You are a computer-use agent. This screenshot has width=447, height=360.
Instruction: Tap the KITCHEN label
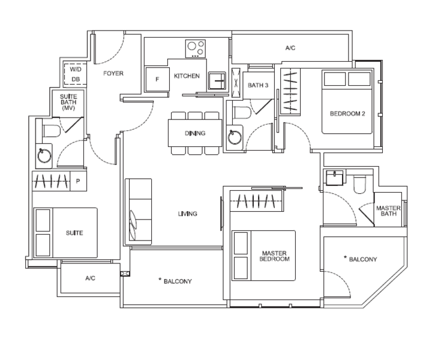click(x=187, y=76)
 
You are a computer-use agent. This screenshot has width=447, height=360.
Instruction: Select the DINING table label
click(x=195, y=133)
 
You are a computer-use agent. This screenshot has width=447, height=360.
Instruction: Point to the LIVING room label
click(x=187, y=214)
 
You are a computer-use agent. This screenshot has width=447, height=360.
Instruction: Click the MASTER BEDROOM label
click(x=275, y=256)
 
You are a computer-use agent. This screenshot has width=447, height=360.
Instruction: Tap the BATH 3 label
click(x=257, y=86)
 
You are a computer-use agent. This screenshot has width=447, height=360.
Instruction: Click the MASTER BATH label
click(x=388, y=211)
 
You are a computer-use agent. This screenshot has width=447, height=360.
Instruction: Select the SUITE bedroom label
click(x=74, y=233)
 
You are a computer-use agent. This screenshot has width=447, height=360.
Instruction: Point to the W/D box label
click(x=76, y=68)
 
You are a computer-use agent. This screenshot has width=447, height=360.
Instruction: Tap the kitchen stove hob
click(x=195, y=48)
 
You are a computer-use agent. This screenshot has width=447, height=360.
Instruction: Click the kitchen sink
click(x=215, y=79)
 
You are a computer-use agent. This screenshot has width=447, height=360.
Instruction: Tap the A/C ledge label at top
click(x=290, y=47)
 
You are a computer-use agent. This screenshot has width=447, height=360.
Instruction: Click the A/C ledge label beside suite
click(x=90, y=278)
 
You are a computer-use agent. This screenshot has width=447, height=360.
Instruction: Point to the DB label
click(x=76, y=79)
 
